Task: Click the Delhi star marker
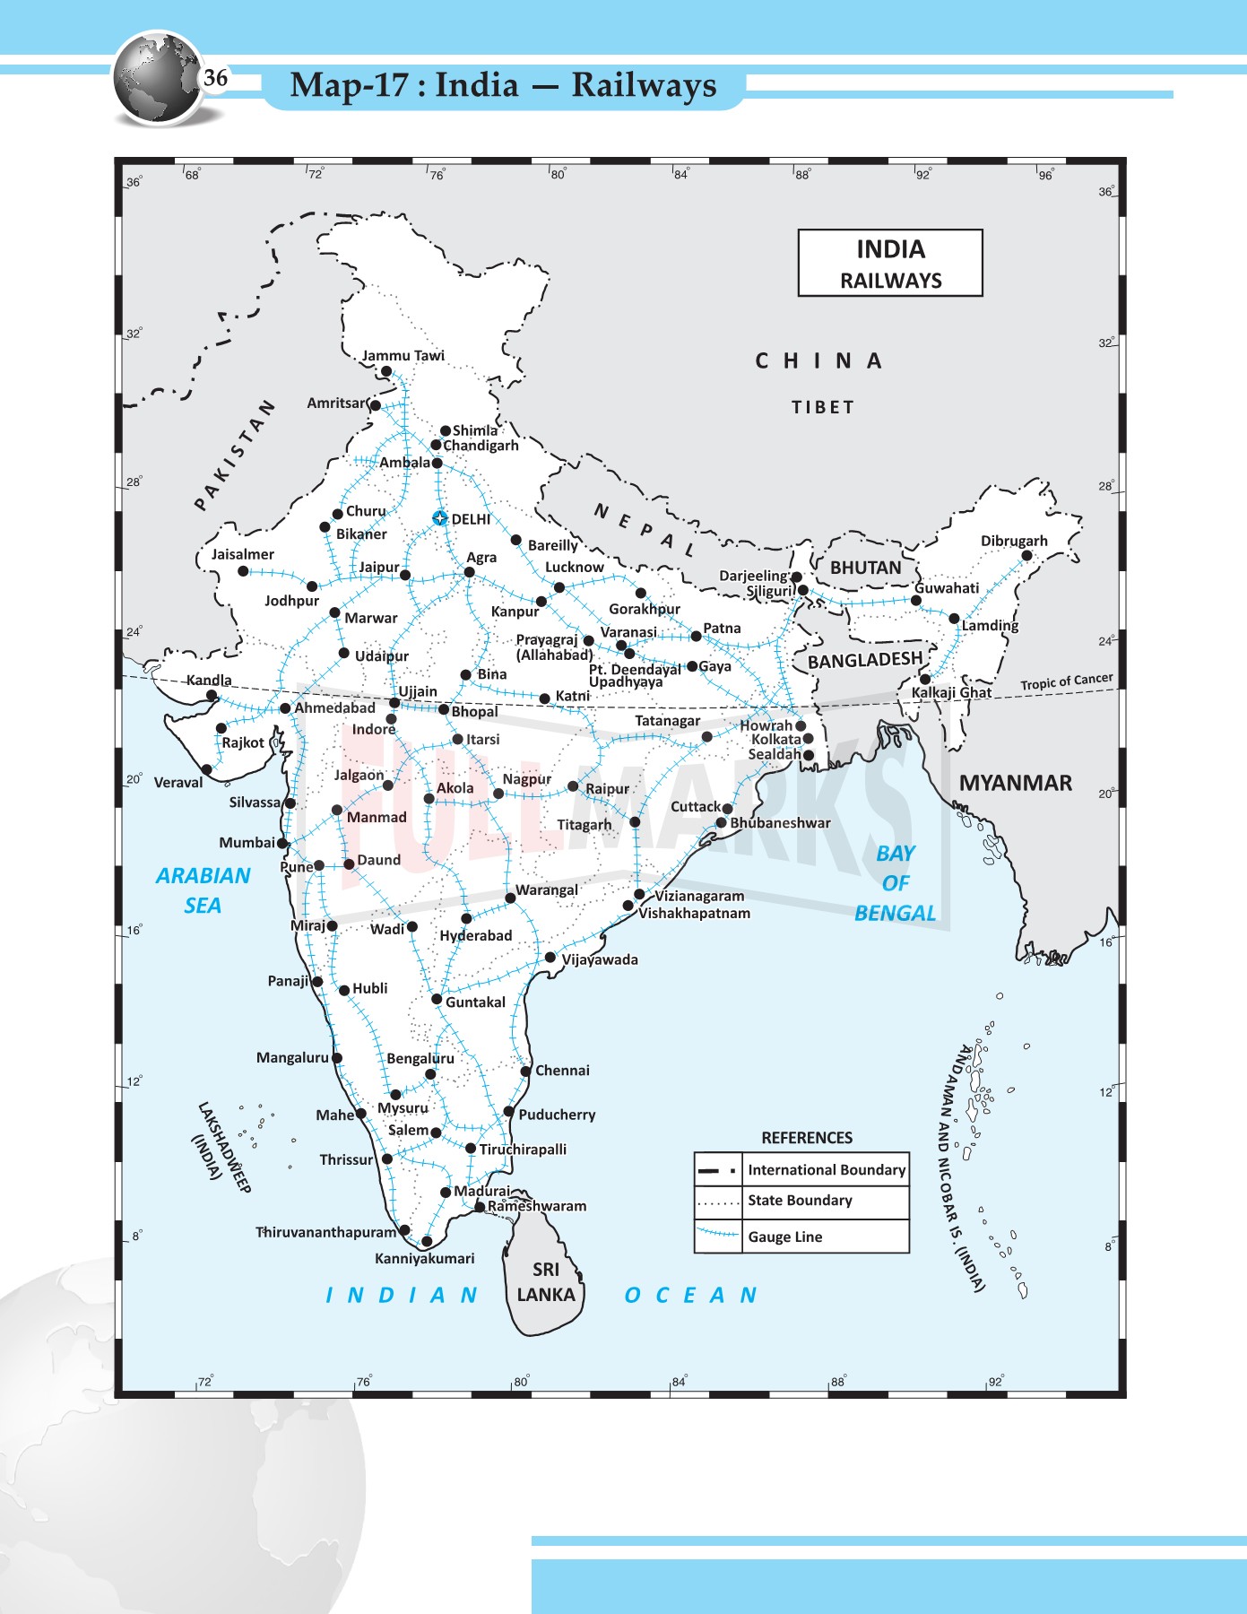coord(439,518)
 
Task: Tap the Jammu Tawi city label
coord(403,356)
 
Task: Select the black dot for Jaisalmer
coord(243,571)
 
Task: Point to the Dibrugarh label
coord(1013,541)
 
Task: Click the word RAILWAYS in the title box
coord(890,281)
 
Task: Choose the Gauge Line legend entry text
coord(784,1237)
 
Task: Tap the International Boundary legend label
coord(826,1169)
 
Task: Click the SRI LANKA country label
coord(545,1282)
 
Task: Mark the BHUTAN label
coord(865,568)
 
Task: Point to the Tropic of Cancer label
coord(1066,682)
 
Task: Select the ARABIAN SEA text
coord(203,889)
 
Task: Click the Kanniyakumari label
coord(424,1258)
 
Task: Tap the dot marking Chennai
coord(525,1071)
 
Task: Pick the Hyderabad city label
coord(475,935)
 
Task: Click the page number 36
coord(215,78)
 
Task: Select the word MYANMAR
coord(1015,783)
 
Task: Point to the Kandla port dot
coord(212,695)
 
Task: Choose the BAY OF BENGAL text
coord(895,882)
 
